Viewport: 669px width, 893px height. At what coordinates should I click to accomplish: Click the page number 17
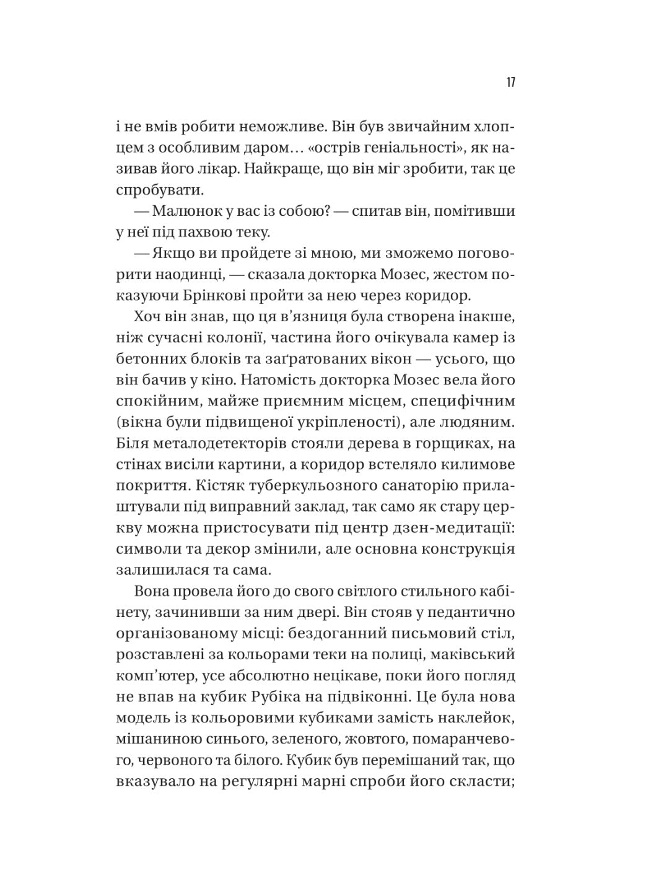[x=511, y=82]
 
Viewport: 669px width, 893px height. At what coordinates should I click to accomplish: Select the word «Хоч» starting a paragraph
[x=147, y=317]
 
